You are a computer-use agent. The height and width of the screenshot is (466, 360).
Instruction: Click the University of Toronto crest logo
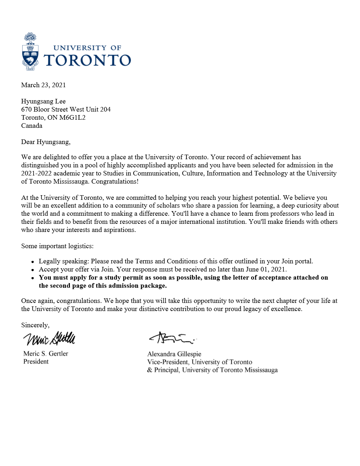tap(30, 52)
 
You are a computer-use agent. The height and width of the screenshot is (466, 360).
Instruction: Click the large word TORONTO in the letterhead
tap(87, 60)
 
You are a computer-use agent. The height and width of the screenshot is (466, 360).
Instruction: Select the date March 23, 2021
tap(43, 85)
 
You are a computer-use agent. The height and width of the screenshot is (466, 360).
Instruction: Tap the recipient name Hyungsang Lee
tap(43, 101)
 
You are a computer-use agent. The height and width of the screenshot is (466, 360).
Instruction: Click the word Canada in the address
tap(32, 126)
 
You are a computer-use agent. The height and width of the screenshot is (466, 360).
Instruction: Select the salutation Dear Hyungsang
tap(46, 142)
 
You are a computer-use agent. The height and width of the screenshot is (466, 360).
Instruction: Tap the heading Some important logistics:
tap(57, 246)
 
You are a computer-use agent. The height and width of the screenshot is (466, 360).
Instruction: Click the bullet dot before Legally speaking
tap(32, 262)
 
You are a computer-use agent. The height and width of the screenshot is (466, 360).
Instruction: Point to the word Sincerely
tap(35, 325)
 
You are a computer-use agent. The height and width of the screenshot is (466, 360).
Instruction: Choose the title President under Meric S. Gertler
tap(36, 362)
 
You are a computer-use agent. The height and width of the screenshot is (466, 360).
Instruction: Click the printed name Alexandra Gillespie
tap(174, 354)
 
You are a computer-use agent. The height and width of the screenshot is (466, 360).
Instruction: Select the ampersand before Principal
tap(150, 370)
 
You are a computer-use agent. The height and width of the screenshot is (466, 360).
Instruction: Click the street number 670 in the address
tap(26, 109)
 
